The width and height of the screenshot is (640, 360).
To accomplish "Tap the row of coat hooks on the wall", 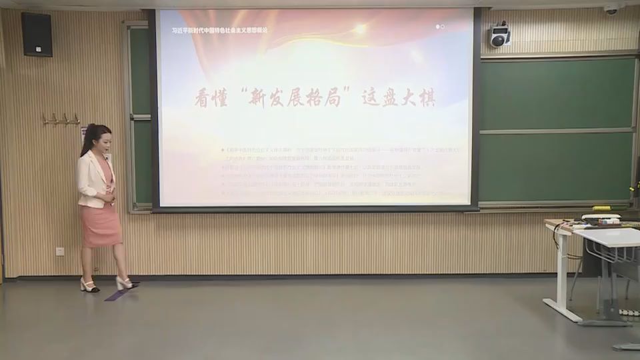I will [61, 120].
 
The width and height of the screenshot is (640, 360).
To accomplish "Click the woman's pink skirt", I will [101, 225].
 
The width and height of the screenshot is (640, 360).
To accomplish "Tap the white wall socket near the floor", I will [60, 251].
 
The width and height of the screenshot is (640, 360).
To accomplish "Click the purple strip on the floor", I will [121, 291].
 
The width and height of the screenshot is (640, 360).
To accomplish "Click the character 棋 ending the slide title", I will [425, 98].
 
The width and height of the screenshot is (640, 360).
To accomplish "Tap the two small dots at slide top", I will [440, 27].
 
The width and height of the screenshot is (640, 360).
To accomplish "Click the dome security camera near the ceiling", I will [611, 9].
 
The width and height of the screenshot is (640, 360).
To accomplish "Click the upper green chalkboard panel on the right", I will [557, 93].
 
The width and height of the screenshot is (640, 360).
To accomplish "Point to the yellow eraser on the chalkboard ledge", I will [603, 208].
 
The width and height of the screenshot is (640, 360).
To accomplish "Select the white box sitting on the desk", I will [601, 217].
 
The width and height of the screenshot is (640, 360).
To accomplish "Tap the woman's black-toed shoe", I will [89, 287].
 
